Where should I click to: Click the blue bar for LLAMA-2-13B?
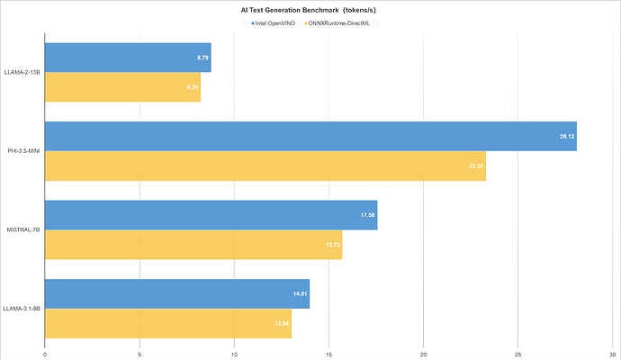click(x=128, y=58)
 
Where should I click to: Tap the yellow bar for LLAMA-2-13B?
click(x=122, y=87)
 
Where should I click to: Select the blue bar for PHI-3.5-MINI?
click(x=310, y=136)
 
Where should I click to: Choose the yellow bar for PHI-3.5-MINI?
click(x=265, y=166)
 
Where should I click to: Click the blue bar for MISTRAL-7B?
click(x=211, y=215)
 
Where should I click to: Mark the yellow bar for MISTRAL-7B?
click(x=193, y=245)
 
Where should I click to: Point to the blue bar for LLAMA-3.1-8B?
click(x=177, y=293)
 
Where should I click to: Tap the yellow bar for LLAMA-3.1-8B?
click(x=168, y=323)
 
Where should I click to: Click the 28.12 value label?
click(x=567, y=136)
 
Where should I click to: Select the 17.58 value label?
click(x=368, y=215)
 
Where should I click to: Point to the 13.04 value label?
click(x=282, y=323)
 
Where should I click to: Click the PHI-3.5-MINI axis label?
click(x=22, y=151)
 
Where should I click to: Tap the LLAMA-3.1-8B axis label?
click(x=22, y=309)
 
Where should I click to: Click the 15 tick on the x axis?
click(x=328, y=353)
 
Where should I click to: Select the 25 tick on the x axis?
click(x=518, y=353)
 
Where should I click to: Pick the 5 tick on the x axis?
click(x=139, y=353)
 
